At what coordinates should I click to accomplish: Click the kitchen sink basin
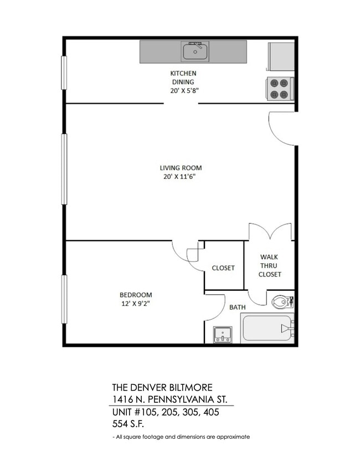194,52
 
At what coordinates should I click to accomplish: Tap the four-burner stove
280,89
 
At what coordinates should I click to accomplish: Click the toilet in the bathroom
281,302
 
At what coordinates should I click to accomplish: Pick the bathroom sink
223,334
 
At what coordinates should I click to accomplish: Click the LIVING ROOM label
180,168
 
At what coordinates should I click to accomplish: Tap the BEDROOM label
136,295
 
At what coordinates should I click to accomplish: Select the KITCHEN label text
183,73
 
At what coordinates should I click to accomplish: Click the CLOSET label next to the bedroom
223,268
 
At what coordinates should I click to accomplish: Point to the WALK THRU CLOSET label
269,265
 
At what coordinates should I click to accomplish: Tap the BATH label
238,306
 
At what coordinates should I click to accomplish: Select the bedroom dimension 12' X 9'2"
136,304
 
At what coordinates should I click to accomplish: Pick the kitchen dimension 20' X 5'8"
183,91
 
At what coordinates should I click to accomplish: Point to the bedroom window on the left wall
64,300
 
